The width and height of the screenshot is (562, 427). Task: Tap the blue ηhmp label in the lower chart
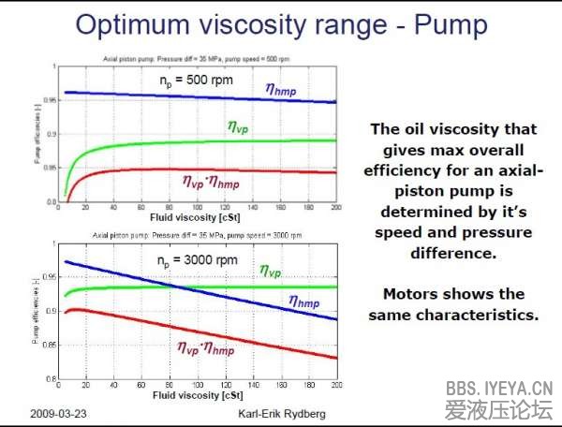point(305,302)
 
